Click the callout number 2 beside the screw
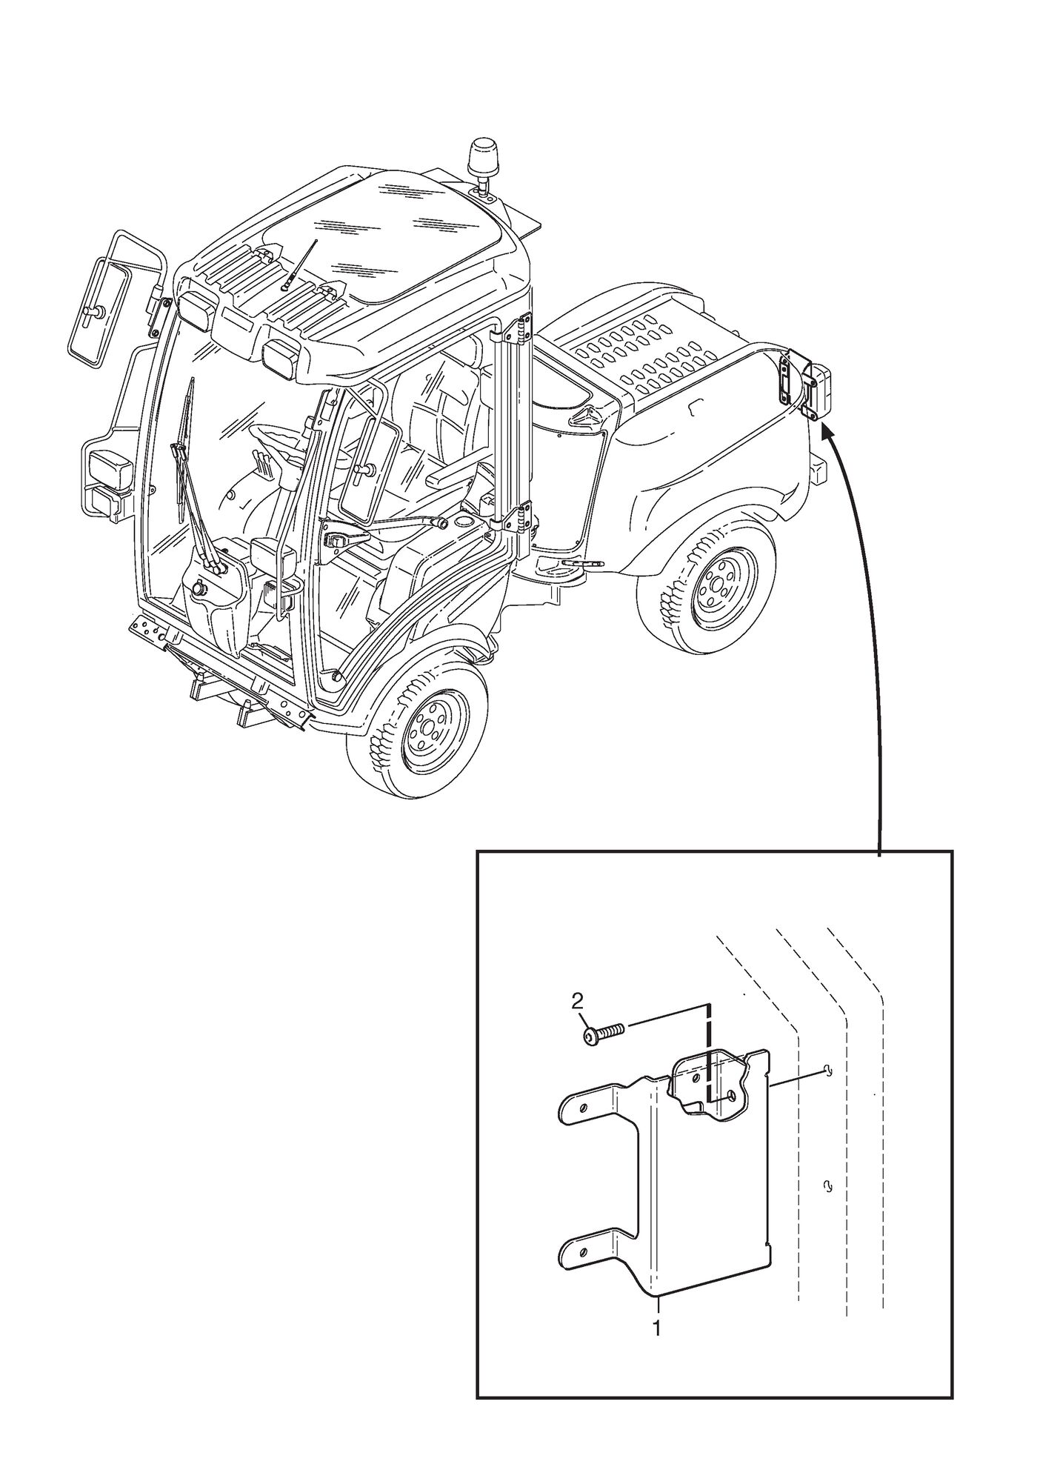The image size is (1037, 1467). (578, 1002)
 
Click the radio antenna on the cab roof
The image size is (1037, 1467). (299, 264)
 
